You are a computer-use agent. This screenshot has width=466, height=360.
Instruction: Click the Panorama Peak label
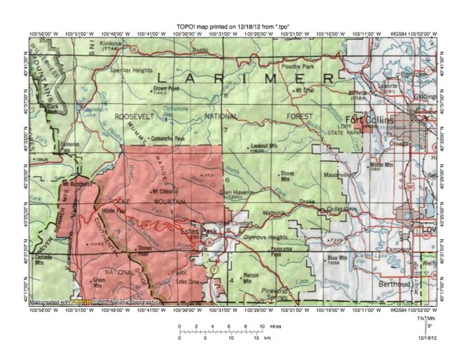tap(285, 251)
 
